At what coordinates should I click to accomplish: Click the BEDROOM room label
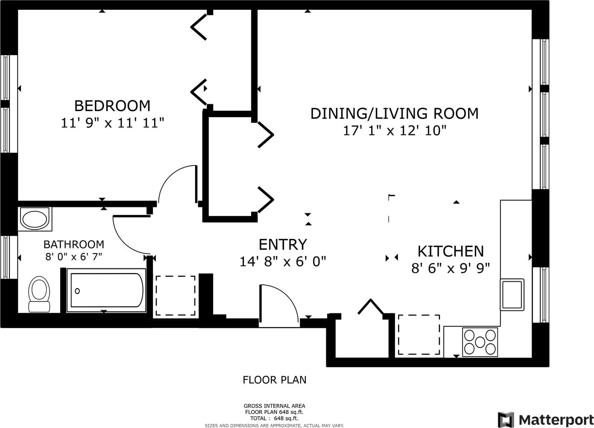point(112,106)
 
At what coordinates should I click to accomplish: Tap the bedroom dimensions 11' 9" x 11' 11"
point(112,123)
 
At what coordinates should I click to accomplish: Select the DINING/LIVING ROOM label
point(394,113)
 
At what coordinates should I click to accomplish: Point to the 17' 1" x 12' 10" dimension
point(395,131)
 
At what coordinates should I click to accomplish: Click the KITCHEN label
point(451,251)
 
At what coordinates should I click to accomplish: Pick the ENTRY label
point(283,244)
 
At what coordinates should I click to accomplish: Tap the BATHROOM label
point(74,244)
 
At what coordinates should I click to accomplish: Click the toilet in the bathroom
point(39,294)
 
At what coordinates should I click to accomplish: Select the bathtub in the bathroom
point(106,290)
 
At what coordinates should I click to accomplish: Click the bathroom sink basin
point(35,219)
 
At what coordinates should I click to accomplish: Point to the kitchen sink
point(512,295)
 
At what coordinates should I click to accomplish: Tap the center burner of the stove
point(480,342)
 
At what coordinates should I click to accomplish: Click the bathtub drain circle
point(77,291)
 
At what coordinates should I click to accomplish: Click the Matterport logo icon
point(506,420)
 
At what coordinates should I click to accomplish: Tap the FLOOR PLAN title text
point(275,380)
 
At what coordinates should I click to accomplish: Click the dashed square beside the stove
point(419,334)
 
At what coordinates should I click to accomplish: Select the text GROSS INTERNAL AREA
point(274,406)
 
